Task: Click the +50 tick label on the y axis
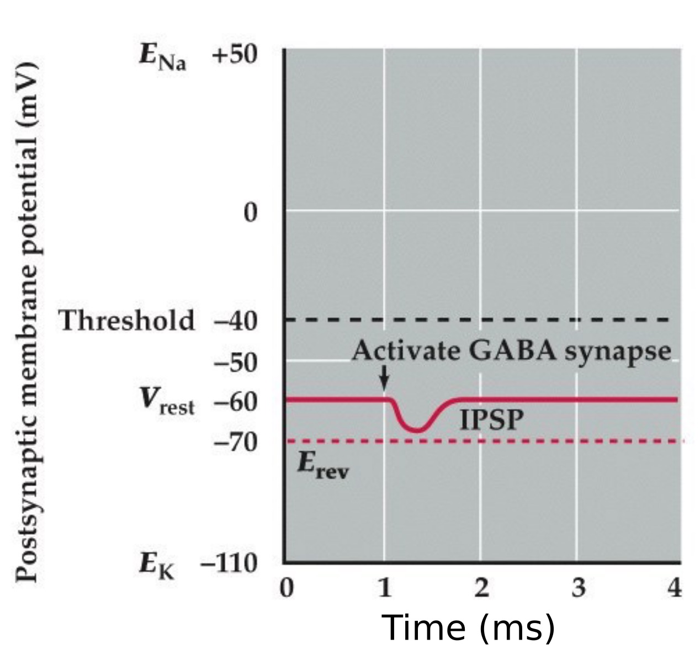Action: (x=235, y=56)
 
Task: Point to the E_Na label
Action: (x=162, y=58)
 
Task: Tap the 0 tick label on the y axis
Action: (x=250, y=212)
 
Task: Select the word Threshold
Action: (x=128, y=321)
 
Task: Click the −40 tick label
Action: (x=235, y=321)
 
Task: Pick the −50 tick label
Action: (x=235, y=363)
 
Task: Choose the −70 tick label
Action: (x=235, y=442)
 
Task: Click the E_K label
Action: (x=156, y=566)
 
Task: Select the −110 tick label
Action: (x=229, y=564)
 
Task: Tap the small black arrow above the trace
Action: (x=385, y=380)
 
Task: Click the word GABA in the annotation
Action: (x=514, y=351)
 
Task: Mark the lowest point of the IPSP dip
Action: (x=417, y=430)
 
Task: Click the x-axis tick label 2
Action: (x=481, y=589)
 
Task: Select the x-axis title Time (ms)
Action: (x=468, y=628)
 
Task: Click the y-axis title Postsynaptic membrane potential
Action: (x=27, y=323)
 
